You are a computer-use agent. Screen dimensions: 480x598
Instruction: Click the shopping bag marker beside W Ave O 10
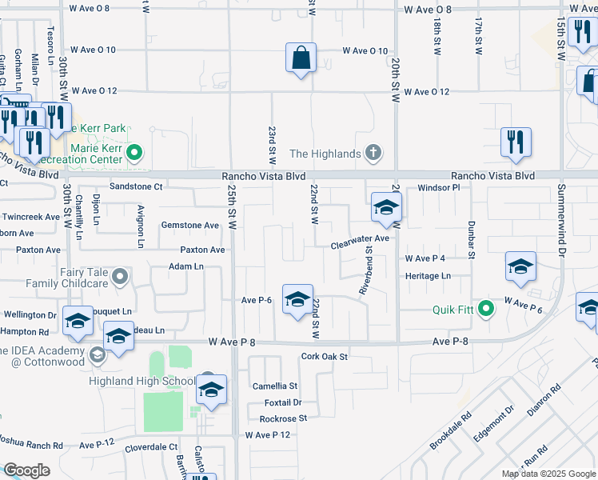pyautogui.click(x=301, y=58)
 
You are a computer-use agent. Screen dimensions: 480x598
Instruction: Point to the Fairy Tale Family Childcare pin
pyautogui.click(x=120, y=277)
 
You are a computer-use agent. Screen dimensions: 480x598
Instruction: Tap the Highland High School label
pyautogui.click(x=157, y=381)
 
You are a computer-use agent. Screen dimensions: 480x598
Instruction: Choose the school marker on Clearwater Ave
pyautogui.click(x=386, y=208)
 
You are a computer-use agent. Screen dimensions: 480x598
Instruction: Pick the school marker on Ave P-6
pyautogui.click(x=297, y=300)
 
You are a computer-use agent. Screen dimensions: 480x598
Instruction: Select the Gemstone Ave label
pyautogui.click(x=189, y=226)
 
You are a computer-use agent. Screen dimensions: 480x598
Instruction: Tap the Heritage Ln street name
pyautogui.click(x=429, y=276)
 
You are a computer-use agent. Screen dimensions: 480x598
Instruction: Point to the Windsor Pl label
pyautogui.click(x=440, y=187)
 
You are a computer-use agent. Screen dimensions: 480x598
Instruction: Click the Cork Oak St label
pyautogui.click(x=325, y=356)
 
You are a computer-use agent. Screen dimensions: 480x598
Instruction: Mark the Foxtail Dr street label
pyautogui.click(x=281, y=402)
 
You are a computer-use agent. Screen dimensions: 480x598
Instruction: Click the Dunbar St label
pyautogui.click(x=471, y=240)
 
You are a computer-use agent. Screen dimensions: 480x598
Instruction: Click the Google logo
pyautogui.click(x=27, y=470)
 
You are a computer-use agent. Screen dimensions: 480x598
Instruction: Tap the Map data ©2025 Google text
pyautogui.click(x=548, y=474)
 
